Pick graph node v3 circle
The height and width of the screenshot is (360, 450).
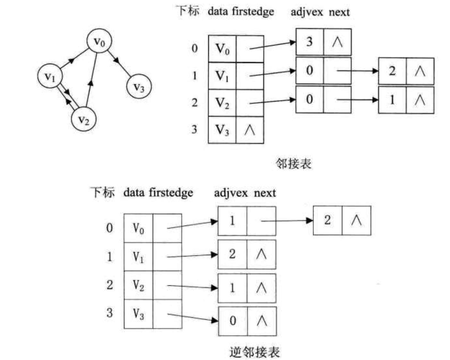coord(138,86)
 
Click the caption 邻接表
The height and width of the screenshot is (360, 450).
coord(293,164)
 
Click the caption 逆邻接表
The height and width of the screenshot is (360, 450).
coord(255,352)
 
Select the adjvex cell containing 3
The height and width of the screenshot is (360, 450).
coord(309,42)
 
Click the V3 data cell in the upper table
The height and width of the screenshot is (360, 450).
coord(222,130)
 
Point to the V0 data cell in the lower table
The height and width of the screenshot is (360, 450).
coord(138,228)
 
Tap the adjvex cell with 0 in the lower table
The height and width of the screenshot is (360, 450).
coord(233,321)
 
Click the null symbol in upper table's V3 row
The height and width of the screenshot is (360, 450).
coord(250,130)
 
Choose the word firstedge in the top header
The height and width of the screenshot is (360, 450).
coord(253,12)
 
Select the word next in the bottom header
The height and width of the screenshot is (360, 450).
coord(265,193)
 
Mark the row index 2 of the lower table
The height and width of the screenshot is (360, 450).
coord(110,284)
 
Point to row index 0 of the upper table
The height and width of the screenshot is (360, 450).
coord(195,48)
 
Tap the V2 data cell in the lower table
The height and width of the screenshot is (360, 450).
coord(138,285)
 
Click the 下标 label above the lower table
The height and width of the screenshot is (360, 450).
coord(102,193)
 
